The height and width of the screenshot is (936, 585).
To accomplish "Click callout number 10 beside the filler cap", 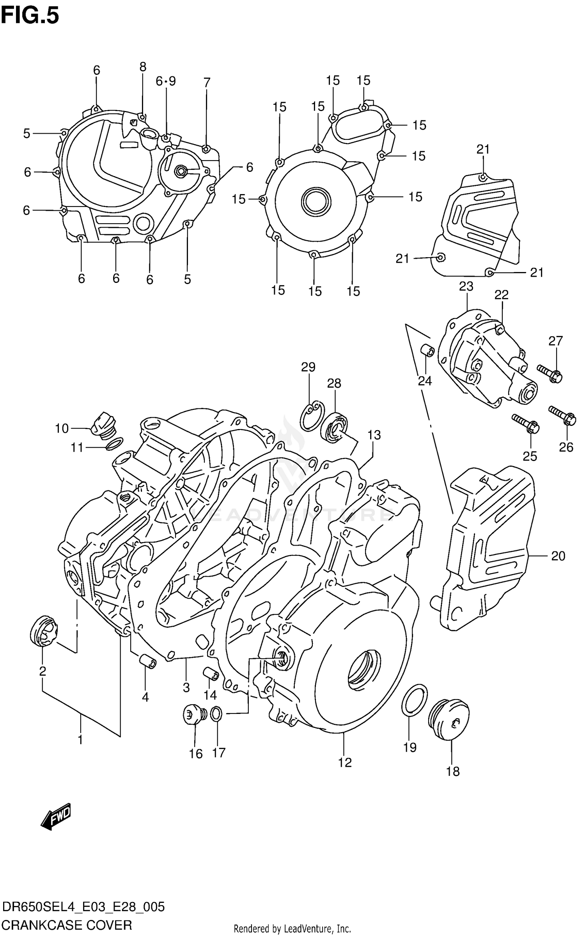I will click(x=62, y=429).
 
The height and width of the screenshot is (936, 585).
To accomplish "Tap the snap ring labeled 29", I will click(x=312, y=417).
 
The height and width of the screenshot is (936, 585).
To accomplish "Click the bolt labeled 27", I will click(x=550, y=373).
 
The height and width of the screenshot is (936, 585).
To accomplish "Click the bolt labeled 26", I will click(x=562, y=415).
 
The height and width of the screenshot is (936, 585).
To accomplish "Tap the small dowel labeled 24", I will click(x=427, y=350).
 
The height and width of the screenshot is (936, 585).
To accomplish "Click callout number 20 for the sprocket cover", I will click(x=558, y=556).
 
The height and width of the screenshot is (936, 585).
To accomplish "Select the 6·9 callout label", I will click(x=166, y=81).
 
